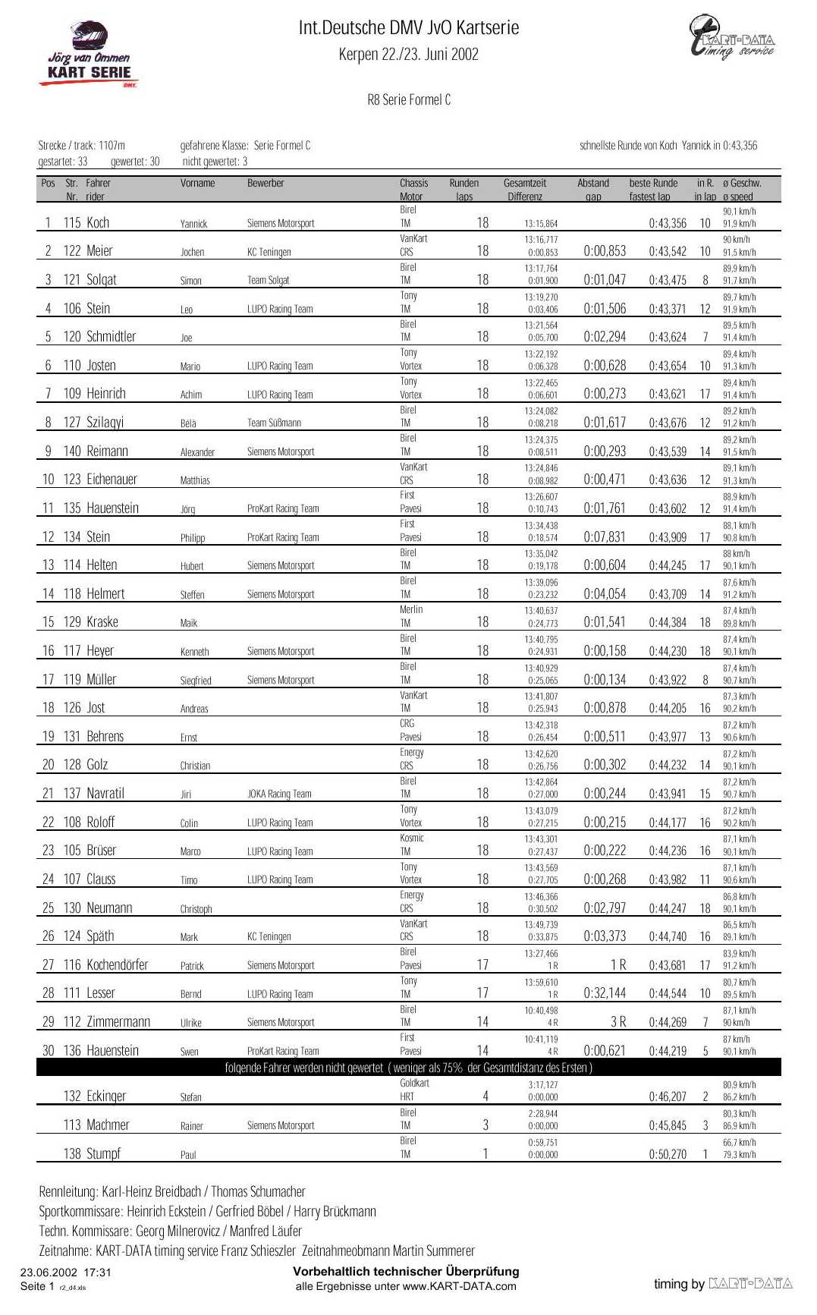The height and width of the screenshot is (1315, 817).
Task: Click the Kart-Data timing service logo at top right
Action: pos(731,38)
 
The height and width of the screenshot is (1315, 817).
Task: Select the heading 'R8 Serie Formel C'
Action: pos(409,100)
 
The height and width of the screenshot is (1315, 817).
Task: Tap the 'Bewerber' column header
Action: pos(266,184)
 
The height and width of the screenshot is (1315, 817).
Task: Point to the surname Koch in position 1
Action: pos(98,223)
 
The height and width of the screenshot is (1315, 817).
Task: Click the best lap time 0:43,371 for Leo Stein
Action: pos(668,309)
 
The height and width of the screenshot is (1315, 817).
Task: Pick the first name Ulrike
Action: pos(191,1023)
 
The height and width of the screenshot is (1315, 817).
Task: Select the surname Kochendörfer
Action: pos(117,965)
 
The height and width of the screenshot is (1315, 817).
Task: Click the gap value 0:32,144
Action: pos(605,993)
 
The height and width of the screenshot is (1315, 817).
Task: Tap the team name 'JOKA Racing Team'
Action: pos(279,794)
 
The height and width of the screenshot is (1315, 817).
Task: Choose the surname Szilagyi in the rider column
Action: pos(105,423)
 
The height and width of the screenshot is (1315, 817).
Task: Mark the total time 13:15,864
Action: pos(541,224)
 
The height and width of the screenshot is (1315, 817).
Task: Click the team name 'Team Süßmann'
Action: pos(274,423)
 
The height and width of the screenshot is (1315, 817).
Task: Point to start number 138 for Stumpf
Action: pos(72,1154)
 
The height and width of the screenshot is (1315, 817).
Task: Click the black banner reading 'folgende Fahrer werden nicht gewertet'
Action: pos(408,1068)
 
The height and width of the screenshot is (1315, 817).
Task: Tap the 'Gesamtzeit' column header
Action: pos(525,184)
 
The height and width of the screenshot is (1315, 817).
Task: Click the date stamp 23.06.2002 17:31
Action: pos(66,1273)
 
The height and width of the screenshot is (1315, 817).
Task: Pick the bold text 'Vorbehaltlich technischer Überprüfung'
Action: pos(406,1272)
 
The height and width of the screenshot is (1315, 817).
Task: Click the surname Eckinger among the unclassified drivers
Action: pos(106,1096)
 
